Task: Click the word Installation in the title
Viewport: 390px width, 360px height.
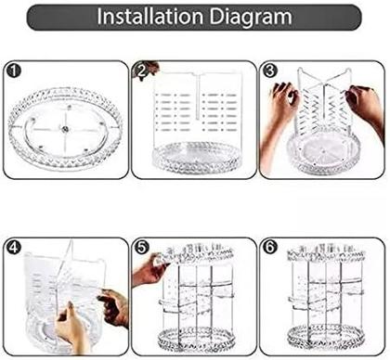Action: [x=149, y=17]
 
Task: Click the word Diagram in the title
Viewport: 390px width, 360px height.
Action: [x=252, y=17]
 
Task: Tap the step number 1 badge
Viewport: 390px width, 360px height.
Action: [x=14, y=71]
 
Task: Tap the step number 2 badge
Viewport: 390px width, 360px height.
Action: [x=142, y=71]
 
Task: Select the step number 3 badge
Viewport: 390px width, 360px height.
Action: [x=269, y=71]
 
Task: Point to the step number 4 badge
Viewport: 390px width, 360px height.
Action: [x=14, y=248]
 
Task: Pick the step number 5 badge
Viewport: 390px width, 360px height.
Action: [x=142, y=248]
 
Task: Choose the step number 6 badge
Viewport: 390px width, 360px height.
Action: [x=269, y=248]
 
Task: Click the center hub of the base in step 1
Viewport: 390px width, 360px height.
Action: [x=65, y=130]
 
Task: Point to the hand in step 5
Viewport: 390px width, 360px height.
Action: [x=149, y=269]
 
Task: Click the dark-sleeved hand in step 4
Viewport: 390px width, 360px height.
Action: [x=114, y=306]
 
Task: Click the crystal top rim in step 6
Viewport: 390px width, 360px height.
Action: [x=325, y=253]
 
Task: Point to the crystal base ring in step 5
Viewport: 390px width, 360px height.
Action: [x=196, y=341]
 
